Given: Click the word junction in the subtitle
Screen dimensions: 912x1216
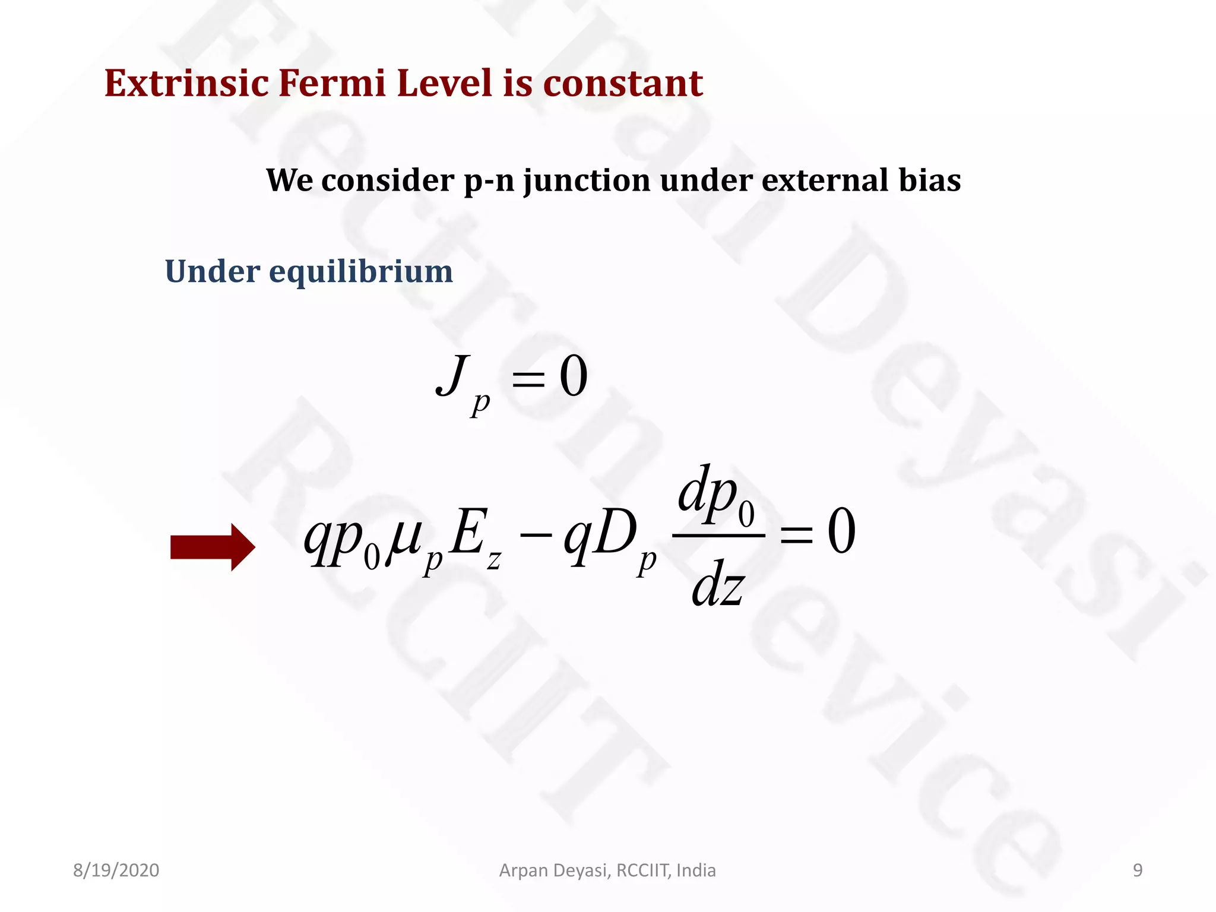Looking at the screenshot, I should pos(587,180).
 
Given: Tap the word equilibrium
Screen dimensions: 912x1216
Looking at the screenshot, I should pos(360,272).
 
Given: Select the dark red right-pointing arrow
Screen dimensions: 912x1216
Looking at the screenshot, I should pos(213,547).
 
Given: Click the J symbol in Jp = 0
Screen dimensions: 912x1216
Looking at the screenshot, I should pos(452,375).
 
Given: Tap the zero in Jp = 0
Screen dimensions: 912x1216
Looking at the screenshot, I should pos(574,376).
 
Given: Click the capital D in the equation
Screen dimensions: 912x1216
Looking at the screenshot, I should pos(616,534).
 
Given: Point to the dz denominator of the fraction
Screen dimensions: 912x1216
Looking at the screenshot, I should pos(717,584).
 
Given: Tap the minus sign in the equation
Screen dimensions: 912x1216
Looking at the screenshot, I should pos(536,534).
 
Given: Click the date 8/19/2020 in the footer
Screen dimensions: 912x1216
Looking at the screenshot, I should pos(116,870).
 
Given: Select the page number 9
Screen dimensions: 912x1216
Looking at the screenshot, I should pos(1137,870).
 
